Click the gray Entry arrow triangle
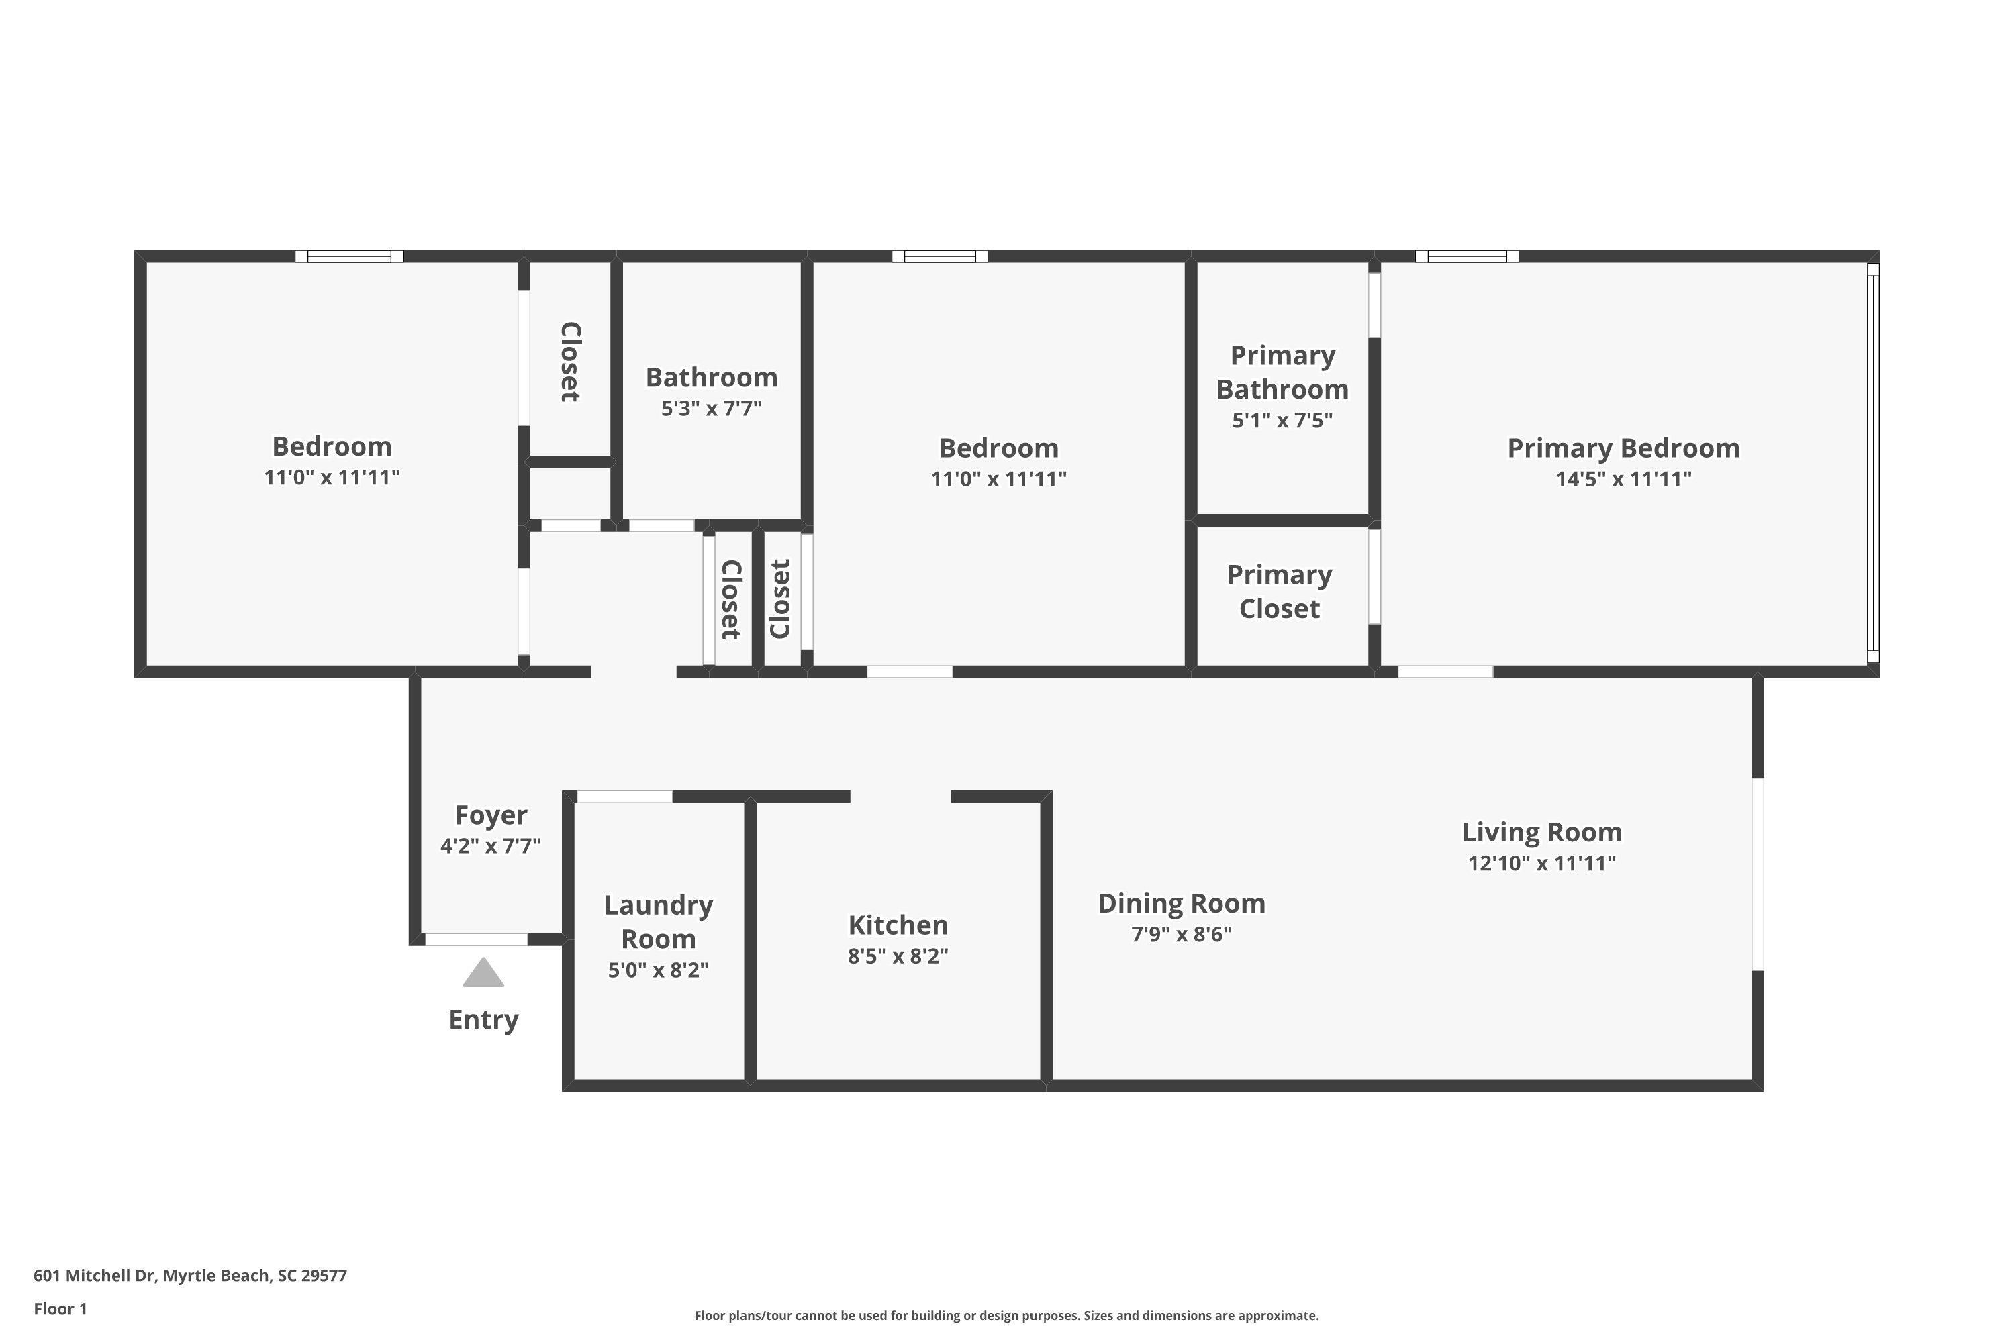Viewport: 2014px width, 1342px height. coord(484,974)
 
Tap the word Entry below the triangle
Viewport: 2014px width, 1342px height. coord(484,1019)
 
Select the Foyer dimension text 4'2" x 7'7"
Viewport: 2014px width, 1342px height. coord(491,845)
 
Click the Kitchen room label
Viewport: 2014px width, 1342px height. coord(898,925)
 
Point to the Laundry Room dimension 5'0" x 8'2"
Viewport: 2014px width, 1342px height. coord(658,970)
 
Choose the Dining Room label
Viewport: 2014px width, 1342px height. coord(1181,903)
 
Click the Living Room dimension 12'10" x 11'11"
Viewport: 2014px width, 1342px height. coord(1541,863)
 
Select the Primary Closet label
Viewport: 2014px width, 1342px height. coord(1280,591)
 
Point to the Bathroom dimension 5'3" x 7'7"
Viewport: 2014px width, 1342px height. coord(711,408)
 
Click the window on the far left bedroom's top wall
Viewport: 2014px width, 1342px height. coord(348,256)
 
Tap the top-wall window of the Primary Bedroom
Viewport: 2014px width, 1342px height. coord(1466,256)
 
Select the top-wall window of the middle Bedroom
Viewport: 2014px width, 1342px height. coord(939,256)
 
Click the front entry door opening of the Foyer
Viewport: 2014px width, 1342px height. coord(476,940)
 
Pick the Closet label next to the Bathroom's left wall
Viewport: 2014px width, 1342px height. coord(570,362)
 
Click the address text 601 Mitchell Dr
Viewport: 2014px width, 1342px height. coord(190,1276)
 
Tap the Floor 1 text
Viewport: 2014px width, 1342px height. coord(60,1308)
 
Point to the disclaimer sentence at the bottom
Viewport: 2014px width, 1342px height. coord(1006,1315)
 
